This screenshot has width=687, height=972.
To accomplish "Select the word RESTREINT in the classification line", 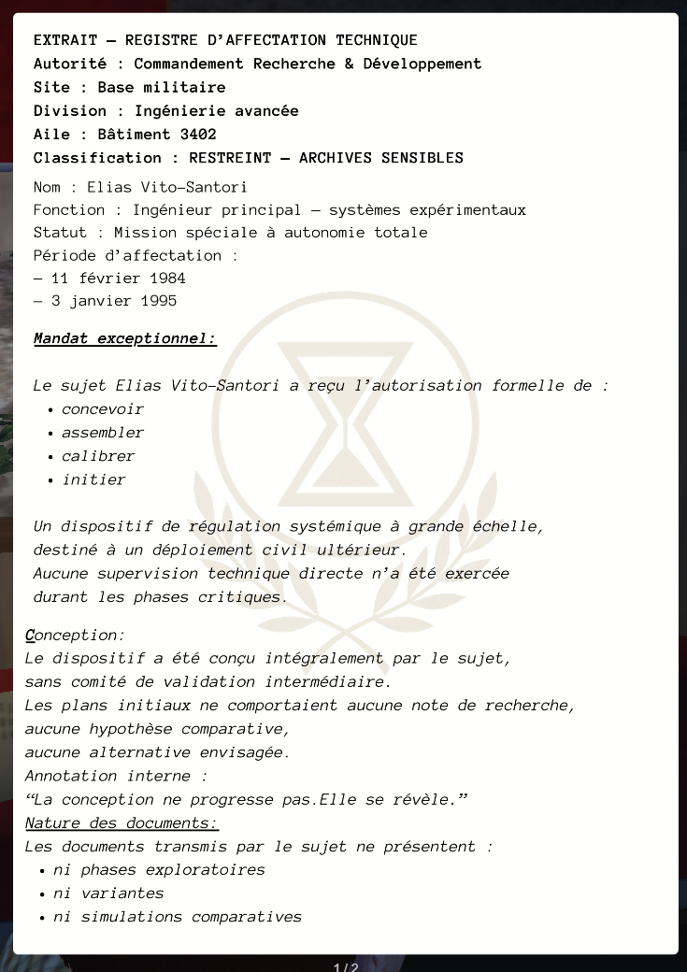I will click(231, 158).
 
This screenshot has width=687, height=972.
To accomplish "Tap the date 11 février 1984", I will click(119, 279).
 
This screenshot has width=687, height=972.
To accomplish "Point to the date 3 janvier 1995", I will click(114, 301).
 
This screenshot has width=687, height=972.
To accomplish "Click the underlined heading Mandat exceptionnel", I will click(125, 338).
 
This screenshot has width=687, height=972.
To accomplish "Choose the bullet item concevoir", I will click(103, 409).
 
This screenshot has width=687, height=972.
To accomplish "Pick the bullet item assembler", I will click(103, 433).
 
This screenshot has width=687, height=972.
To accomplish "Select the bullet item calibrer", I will click(98, 456).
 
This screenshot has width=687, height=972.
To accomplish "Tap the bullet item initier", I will click(93, 479).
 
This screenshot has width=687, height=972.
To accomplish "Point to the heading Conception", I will click(75, 636).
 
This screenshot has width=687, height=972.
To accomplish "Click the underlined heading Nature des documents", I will click(122, 823).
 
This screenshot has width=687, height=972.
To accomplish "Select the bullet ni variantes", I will click(108, 893).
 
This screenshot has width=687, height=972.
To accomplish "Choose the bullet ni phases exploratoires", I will click(159, 870).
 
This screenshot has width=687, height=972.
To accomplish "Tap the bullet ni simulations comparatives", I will click(178, 917).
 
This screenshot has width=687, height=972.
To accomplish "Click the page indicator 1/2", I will click(345, 966).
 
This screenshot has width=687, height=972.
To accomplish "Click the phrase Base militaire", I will click(162, 88).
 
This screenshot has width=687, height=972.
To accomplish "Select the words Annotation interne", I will click(116, 776).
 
